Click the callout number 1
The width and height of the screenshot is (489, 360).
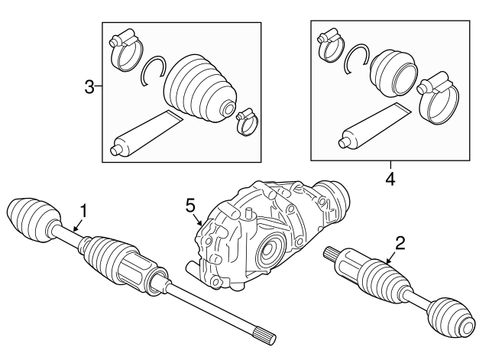click(83, 211)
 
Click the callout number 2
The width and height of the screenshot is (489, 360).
click(400, 243)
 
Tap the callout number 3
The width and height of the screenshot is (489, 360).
click(89, 87)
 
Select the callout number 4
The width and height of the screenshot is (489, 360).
click(390, 180)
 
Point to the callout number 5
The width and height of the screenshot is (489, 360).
click(190, 206)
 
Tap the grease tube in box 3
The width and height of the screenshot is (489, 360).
click(145, 134)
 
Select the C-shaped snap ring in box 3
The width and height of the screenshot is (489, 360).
click(153, 70)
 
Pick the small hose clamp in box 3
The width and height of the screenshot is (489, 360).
click(247, 122)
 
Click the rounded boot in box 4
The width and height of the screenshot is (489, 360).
click(393, 72)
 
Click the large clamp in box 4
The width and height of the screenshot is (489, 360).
click(439, 99)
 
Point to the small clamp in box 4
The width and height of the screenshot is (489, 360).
click(330, 47)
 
